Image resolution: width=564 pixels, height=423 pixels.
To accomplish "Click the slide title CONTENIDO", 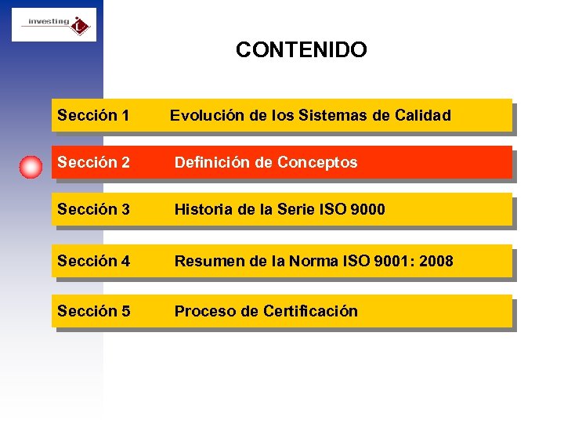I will [301, 50].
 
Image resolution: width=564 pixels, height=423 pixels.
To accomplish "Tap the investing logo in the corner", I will [54, 25].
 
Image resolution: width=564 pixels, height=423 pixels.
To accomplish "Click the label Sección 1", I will [93, 116].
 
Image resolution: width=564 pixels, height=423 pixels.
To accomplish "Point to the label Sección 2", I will [93, 163].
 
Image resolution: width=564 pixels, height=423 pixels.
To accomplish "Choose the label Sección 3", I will [93, 210].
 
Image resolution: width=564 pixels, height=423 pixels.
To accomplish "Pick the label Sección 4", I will [93, 261].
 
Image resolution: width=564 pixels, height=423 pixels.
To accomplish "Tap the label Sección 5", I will [93, 311].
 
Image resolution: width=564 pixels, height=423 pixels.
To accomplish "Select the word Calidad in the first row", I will [423, 116].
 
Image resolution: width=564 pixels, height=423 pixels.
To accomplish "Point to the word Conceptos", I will [318, 163].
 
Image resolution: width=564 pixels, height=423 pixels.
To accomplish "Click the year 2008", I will [436, 261].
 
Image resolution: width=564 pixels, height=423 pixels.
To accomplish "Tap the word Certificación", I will [311, 311].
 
